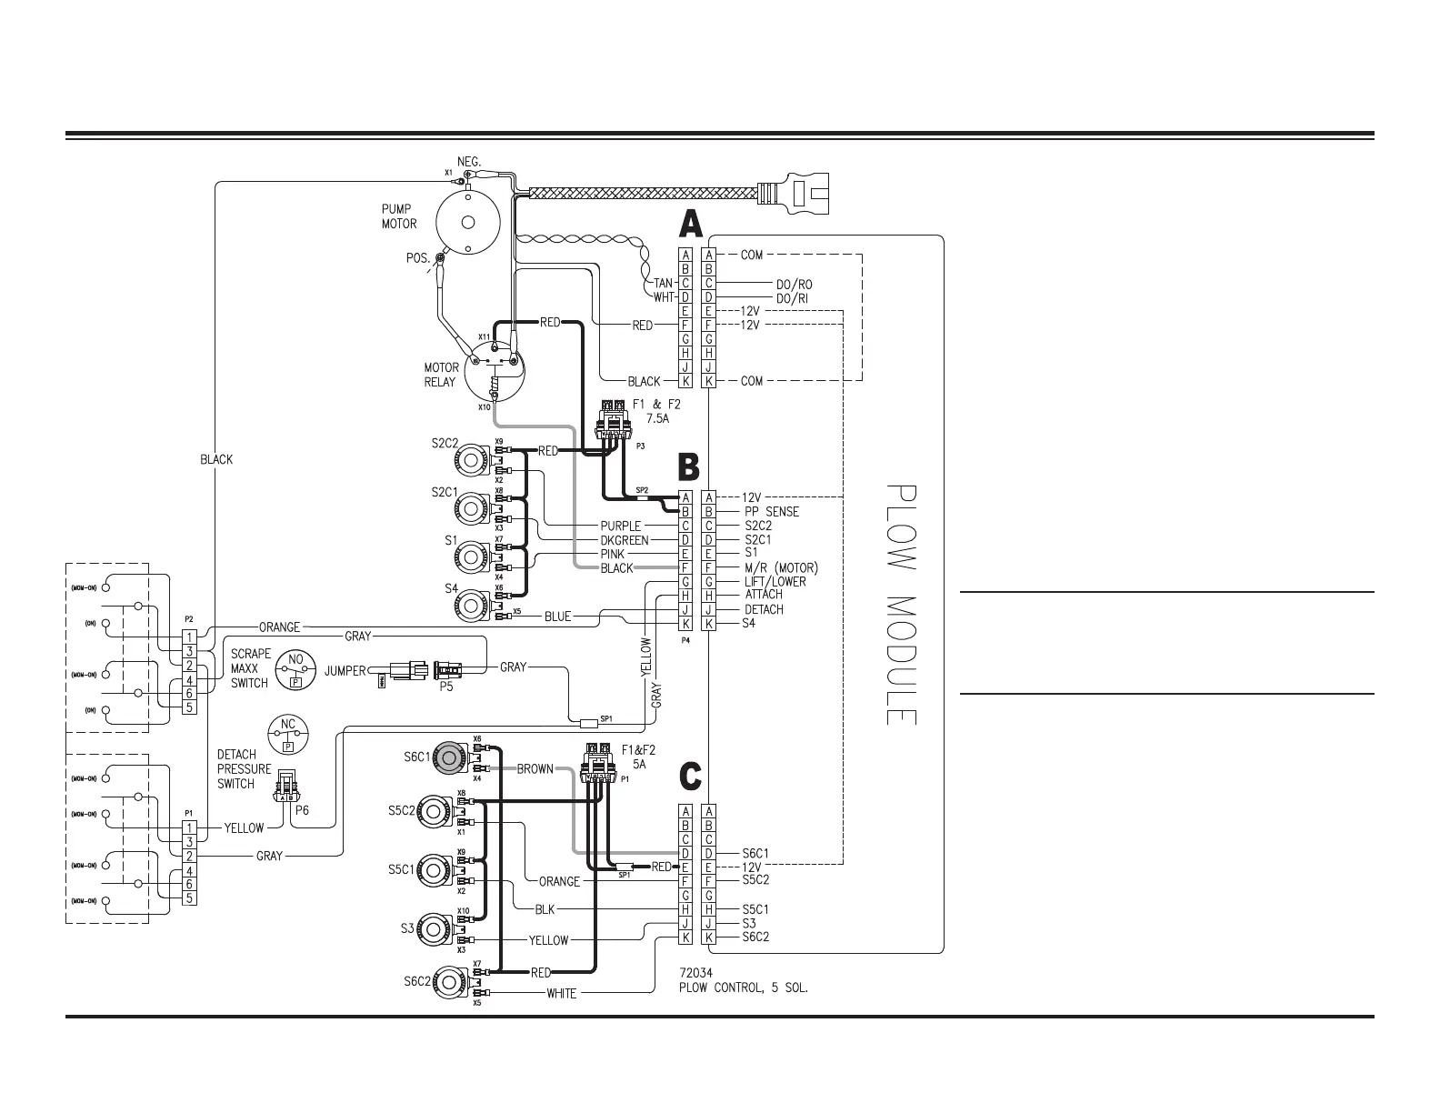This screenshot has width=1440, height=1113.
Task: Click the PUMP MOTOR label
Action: coord(399,216)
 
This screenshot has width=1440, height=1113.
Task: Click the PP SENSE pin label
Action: coord(771,512)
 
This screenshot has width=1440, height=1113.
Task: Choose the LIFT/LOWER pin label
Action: coord(775,582)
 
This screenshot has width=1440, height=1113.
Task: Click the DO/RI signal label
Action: coord(793,298)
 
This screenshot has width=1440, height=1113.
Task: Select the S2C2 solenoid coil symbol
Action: coord(472,461)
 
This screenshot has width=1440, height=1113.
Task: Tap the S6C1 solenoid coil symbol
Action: coord(447,757)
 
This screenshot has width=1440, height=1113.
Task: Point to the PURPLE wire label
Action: coord(620,526)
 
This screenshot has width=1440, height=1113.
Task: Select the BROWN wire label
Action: coord(535,769)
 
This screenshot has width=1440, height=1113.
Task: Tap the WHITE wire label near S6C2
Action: coord(561,993)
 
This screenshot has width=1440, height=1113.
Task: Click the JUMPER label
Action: coord(345,671)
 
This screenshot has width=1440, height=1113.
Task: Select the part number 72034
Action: coord(698,973)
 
